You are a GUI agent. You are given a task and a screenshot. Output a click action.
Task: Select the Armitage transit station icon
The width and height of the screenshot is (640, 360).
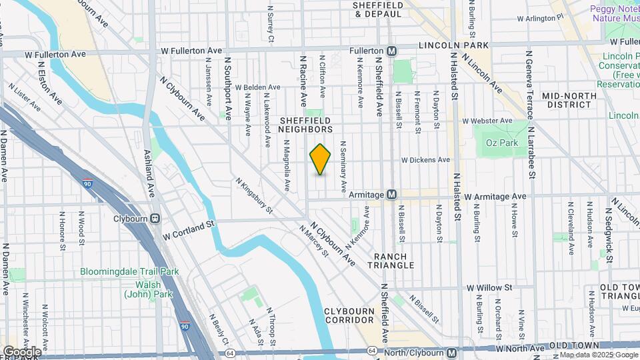click(x=392, y=195)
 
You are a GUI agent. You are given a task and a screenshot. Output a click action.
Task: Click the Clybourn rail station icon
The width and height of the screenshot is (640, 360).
click(x=155, y=217)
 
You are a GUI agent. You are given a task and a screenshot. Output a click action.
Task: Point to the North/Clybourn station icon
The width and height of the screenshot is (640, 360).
click(x=452, y=352)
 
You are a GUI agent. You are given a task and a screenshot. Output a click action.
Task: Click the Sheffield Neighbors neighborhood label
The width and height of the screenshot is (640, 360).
click(x=305, y=123)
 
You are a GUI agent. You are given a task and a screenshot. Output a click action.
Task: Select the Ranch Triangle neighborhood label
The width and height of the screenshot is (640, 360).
click(x=394, y=260)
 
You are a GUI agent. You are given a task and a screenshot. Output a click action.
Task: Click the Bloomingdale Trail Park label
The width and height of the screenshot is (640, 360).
click(x=130, y=271)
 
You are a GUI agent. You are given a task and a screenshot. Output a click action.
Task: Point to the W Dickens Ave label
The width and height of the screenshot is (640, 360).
click(x=425, y=160)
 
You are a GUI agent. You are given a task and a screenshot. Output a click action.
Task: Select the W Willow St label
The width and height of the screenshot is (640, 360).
click(x=489, y=287)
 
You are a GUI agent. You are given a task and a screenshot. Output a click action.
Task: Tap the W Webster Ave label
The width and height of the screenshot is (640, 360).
click(x=487, y=121)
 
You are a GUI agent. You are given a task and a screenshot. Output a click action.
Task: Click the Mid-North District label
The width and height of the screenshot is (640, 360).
click(x=569, y=100)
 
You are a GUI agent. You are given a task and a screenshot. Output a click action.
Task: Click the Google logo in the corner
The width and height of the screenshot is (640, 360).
click(x=21, y=351)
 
